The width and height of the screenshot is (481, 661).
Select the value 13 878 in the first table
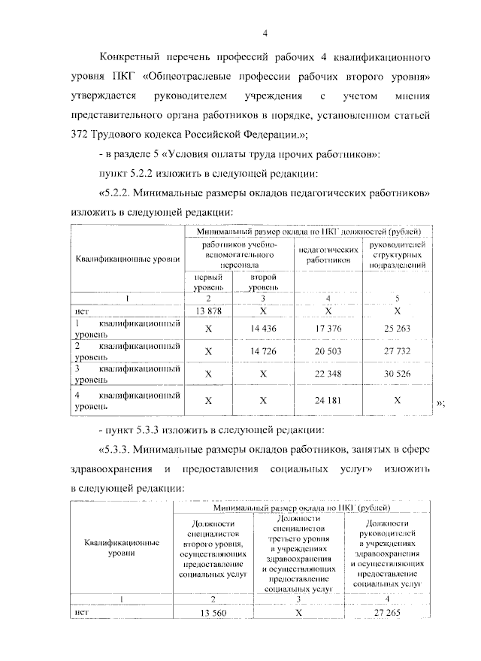click(x=208, y=311)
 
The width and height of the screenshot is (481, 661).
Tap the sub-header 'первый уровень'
click(x=208, y=281)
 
